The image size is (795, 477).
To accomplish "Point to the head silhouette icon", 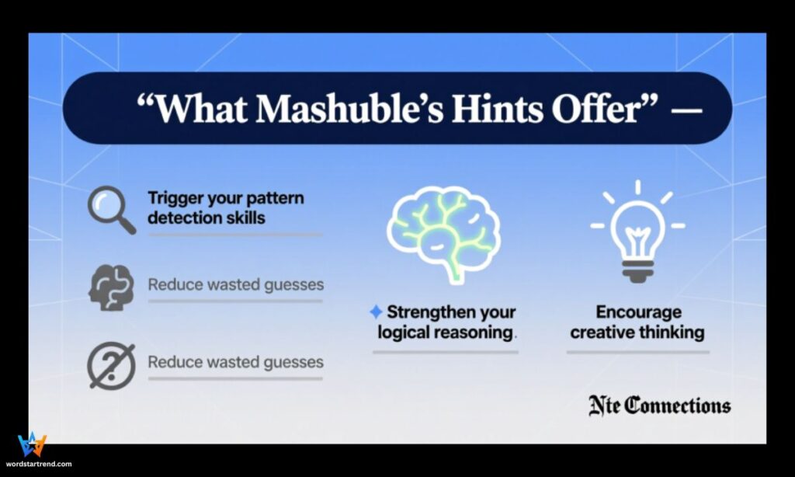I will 110,287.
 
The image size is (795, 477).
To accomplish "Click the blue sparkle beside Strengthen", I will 376,312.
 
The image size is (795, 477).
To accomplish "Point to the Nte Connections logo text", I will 658,405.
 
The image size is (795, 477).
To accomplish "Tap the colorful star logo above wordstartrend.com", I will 32,445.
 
